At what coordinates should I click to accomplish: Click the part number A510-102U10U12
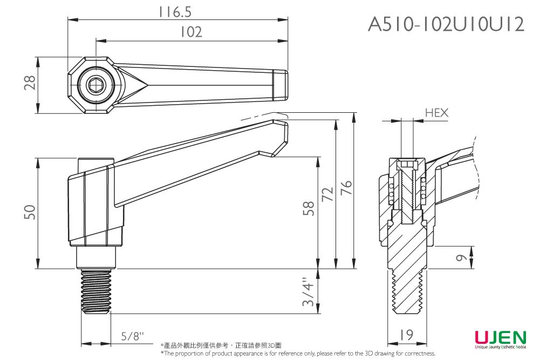tap(446, 24)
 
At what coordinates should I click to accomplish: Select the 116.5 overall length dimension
tap(175, 12)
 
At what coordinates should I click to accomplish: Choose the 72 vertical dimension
tap(327, 195)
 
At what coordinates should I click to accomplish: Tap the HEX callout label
tap(436, 113)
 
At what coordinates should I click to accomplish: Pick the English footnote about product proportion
tap(298, 354)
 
